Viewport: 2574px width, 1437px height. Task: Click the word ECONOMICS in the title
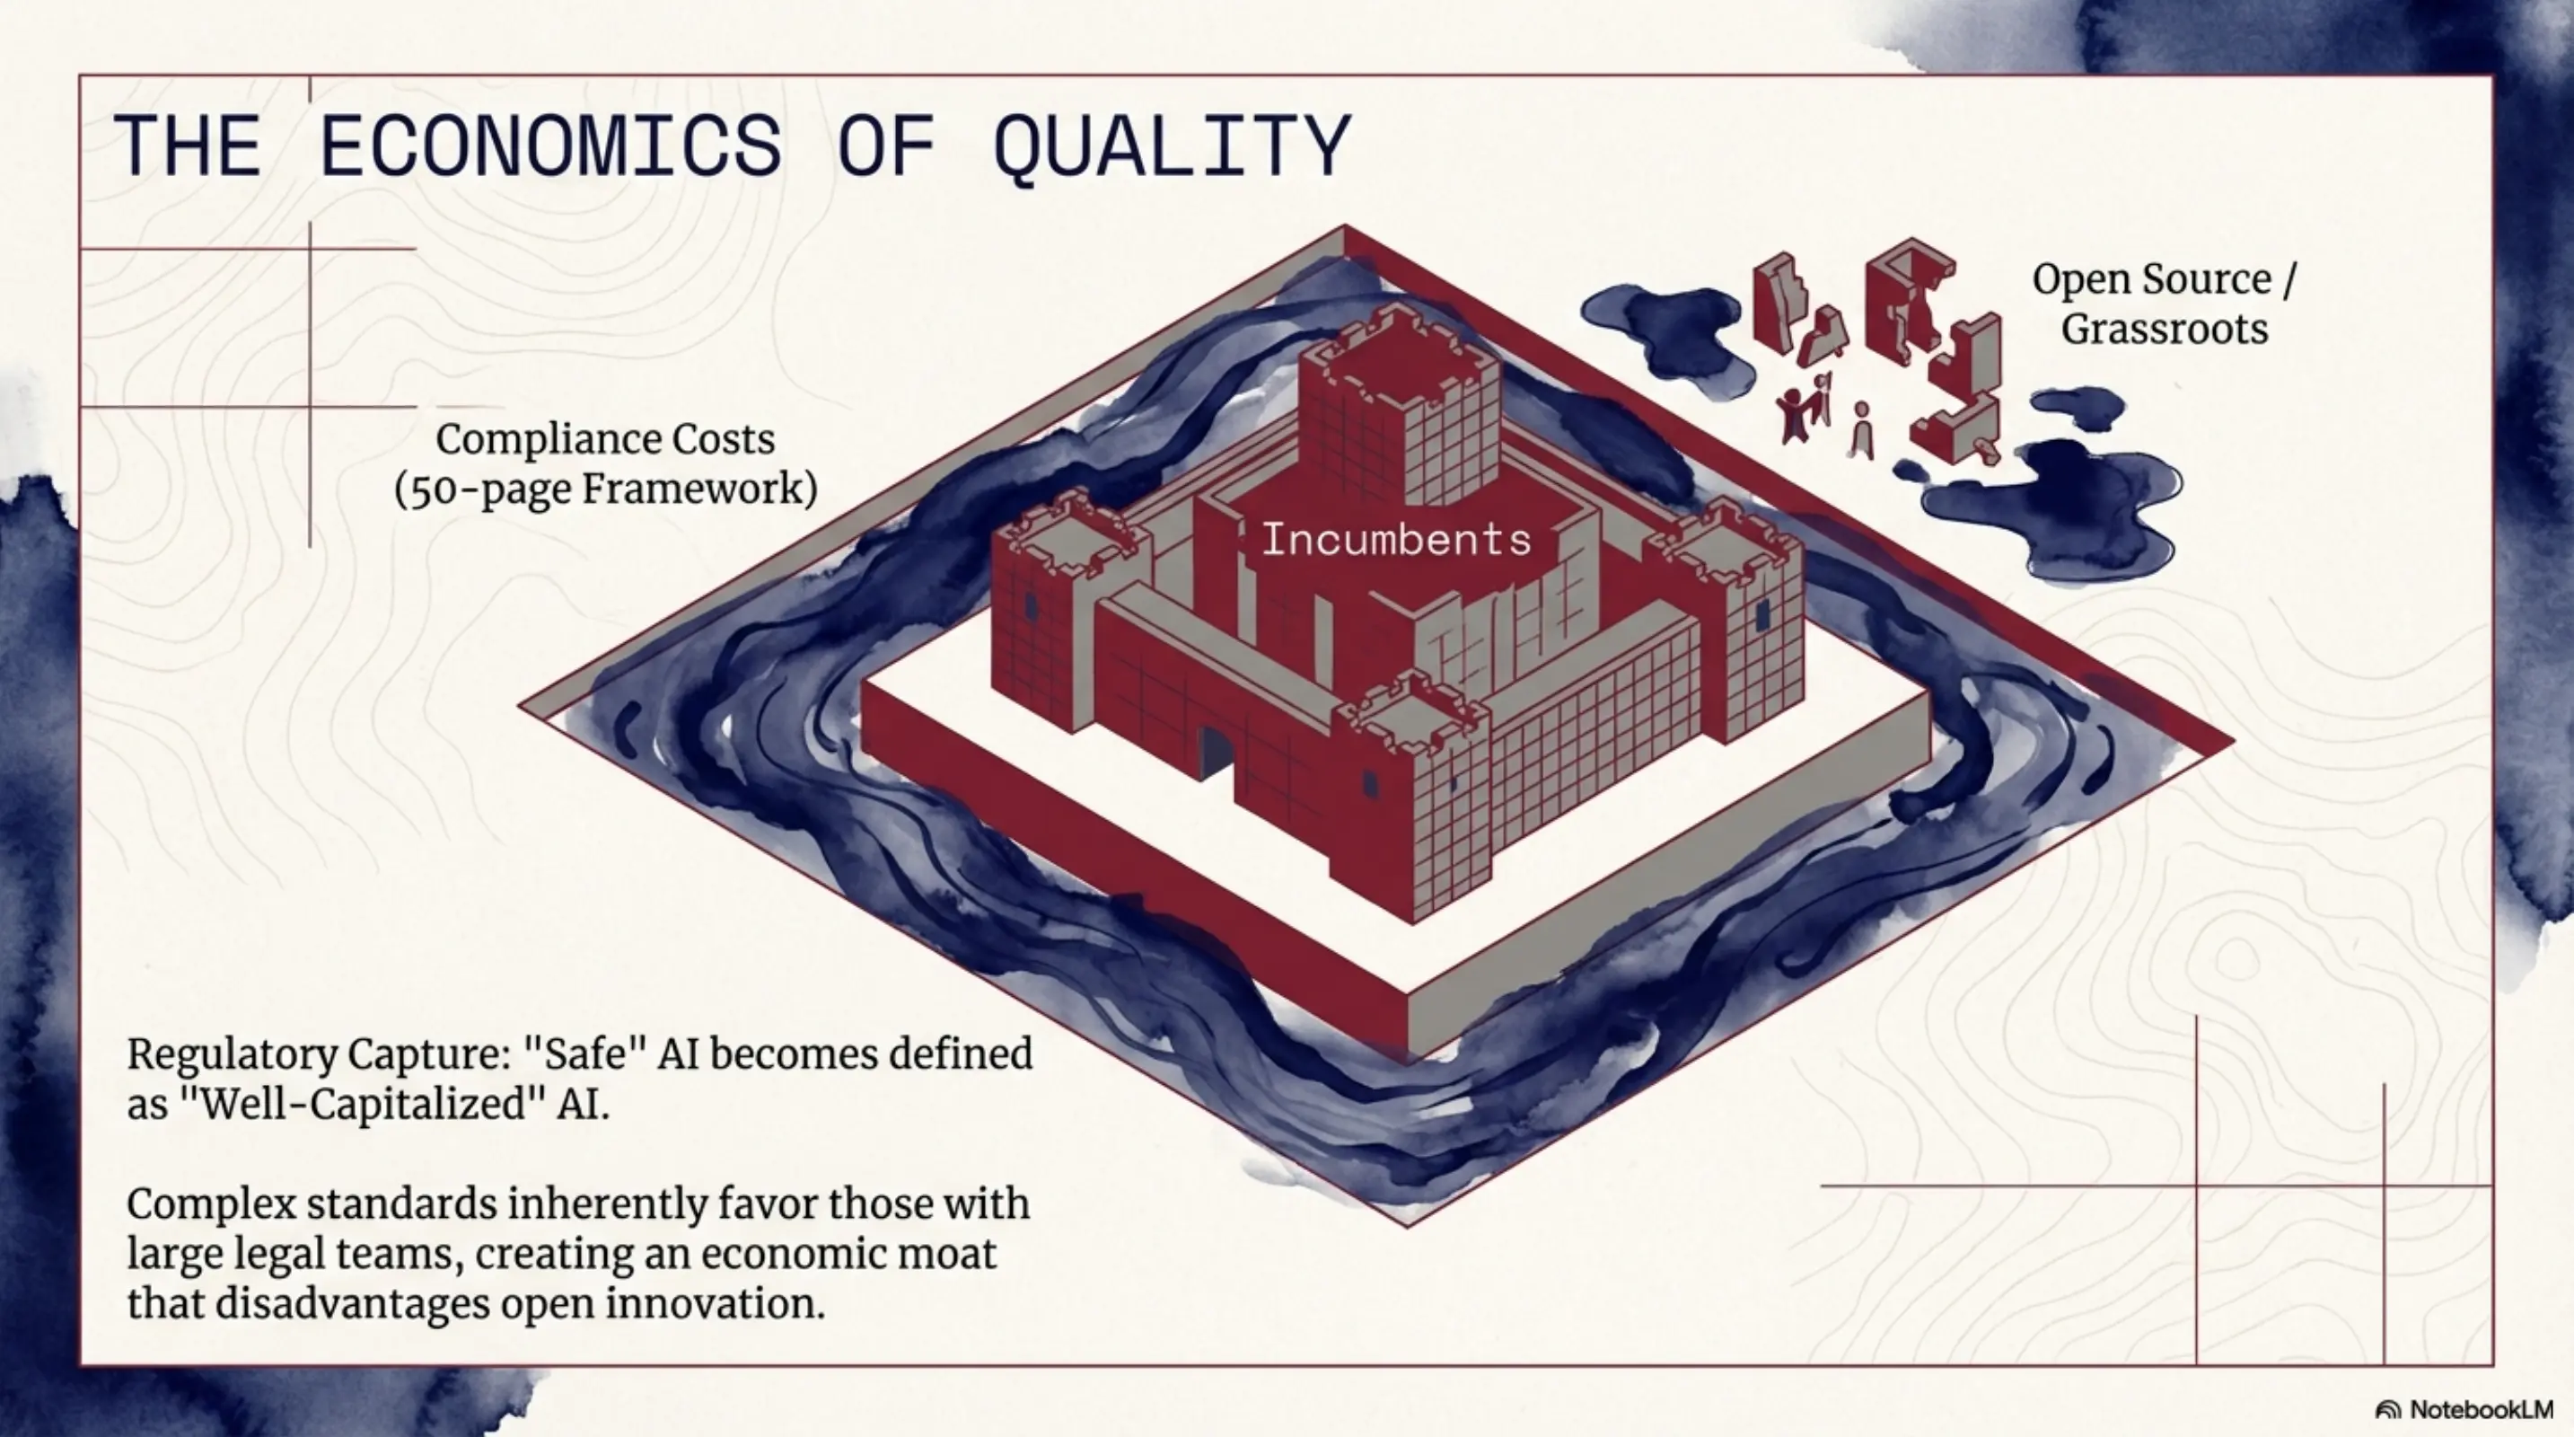(549, 147)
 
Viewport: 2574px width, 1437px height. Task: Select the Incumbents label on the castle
(1396, 541)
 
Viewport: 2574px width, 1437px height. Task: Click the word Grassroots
(2165, 330)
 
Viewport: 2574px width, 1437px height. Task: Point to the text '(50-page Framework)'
(605, 489)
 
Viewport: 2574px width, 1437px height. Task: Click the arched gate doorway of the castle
(1215, 752)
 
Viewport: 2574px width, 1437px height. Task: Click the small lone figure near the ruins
(1860, 429)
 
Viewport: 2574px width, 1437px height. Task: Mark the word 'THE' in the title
(188, 147)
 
